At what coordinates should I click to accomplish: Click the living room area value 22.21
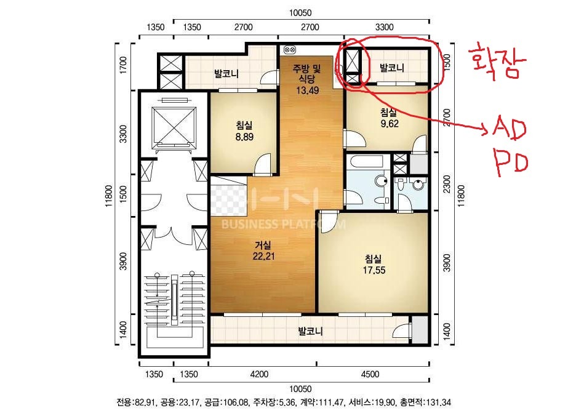click(x=264, y=256)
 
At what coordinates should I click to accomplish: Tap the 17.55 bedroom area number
click(x=374, y=270)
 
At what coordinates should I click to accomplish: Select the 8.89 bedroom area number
click(x=244, y=137)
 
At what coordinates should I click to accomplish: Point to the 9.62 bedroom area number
click(x=390, y=124)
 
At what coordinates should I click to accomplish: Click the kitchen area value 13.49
click(x=308, y=90)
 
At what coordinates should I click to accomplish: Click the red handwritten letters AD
click(x=509, y=127)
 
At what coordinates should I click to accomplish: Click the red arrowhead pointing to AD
click(x=486, y=128)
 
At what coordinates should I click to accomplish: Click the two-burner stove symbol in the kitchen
click(x=290, y=49)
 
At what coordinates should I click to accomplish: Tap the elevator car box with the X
click(x=174, y=125)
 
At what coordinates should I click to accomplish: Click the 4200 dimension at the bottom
click(x=259, y=374)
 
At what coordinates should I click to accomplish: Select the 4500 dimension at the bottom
click(x=370, y=374)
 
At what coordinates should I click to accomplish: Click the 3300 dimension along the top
click(x=385, y=27)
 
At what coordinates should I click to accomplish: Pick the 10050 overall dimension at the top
click(x=300, y=13)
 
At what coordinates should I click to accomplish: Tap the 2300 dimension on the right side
click(x=447, y=184)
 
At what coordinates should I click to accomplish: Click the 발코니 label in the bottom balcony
click(x=310, y=331)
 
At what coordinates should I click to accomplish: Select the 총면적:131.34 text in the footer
click(x=426, y=402)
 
